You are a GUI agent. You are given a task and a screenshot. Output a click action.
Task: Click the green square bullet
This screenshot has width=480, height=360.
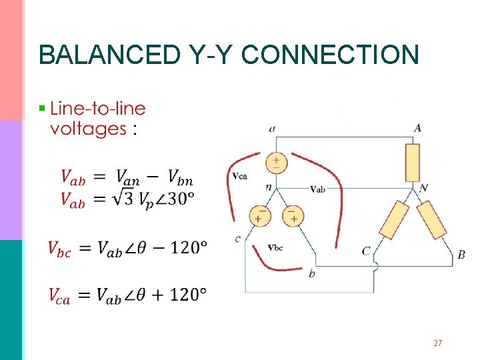click(42, 107)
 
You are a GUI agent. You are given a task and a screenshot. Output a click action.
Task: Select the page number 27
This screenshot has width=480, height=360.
click(438, 343)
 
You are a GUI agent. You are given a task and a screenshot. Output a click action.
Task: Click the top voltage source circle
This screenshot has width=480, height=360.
click(275, 162)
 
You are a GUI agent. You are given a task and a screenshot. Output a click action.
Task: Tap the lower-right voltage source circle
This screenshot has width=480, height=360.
click(292, 215)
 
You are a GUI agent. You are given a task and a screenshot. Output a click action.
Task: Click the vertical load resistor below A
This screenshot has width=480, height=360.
click(413, 162)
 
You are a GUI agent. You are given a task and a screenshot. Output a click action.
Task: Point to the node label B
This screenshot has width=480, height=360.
click(461, 255)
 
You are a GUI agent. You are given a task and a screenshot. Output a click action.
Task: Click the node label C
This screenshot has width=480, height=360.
click(366, 251)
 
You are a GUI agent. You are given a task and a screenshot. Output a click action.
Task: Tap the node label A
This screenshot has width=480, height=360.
click(417, 128)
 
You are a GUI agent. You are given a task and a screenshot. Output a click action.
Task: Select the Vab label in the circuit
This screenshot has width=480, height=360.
click(317, 189)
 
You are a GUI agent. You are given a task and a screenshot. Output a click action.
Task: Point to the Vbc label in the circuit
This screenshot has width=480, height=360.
click(275, 247)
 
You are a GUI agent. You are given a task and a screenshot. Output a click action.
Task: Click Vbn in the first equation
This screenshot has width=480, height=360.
click(181, 177)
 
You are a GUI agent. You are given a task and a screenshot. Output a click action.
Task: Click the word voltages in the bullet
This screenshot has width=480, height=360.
click(88, 128)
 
